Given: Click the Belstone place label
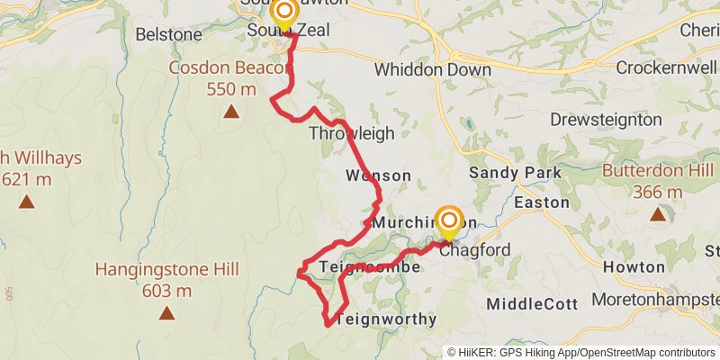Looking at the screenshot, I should pos(168,34).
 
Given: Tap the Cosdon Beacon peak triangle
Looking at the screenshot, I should pos(231,112).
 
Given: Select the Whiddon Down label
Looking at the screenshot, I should pos(432,70).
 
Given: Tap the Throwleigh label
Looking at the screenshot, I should pos(351,133).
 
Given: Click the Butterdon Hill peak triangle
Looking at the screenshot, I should pos(658,214).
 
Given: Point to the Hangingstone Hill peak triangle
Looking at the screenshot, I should pos(166,313).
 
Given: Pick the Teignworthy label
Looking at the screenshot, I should pos(385,319).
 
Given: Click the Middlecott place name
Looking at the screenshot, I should pos(532,304).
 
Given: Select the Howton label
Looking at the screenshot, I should pos(634,267).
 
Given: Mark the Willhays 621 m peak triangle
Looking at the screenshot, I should pos(27,202).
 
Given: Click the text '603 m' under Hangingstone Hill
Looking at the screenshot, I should pos(166,291).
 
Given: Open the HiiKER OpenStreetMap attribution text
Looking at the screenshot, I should pos(580,352).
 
